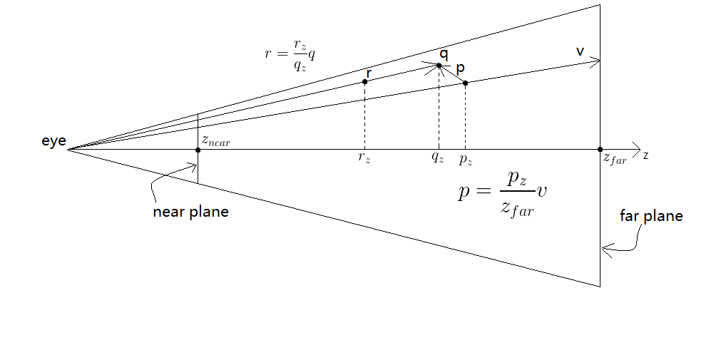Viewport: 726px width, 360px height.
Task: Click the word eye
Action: [53, 142]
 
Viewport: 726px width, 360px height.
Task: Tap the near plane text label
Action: [190, 212]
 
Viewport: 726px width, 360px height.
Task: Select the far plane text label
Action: [652, 216]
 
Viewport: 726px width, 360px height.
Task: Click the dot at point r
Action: [365, 82]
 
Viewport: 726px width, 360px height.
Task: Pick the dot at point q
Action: [439, 66]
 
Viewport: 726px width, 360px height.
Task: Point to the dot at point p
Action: [465, 83]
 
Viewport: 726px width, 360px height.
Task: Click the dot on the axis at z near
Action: [198, 150]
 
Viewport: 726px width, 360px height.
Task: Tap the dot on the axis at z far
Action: [600, 150]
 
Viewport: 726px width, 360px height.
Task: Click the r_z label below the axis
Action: [364, 158]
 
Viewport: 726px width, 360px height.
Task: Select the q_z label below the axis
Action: [437, 158]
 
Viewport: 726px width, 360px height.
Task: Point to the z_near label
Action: [216, 143]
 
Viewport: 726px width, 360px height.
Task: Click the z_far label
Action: [614, 160]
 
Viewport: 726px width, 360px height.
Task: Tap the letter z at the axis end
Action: [645, 155]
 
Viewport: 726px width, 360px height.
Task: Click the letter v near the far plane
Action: [580, 51]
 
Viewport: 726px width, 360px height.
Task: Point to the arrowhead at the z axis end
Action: [635, 149]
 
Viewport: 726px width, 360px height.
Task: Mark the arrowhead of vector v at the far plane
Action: [595, 62]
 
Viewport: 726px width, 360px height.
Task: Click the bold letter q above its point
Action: [444, 53]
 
